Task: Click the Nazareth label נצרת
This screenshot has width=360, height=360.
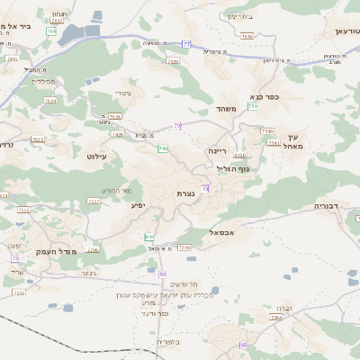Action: (x=185, y=193)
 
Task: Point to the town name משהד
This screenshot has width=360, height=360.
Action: (x=225, y=108)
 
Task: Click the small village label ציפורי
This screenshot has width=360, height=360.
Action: (x=123, y=93)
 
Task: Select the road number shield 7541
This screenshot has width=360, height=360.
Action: (x=273, y=142)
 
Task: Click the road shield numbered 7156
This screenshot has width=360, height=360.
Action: (x=247, y=37)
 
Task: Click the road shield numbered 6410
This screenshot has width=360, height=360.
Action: (x=240, y=155)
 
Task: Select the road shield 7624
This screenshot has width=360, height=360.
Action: (x=49, y=101)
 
